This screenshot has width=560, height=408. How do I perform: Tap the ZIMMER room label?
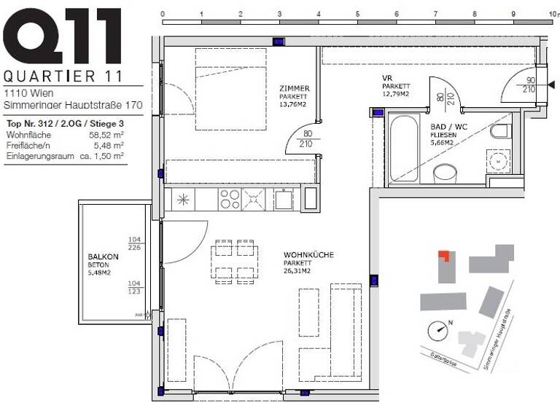tap(294, 88)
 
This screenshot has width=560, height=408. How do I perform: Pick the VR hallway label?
tap(388, 78)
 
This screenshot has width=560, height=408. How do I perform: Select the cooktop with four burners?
tap(230, 198)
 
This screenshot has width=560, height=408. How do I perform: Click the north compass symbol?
tap(439, 329)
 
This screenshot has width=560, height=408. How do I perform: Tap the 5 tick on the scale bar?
tap(357, 14)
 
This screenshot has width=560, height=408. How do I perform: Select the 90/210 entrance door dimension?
tap(531, 85)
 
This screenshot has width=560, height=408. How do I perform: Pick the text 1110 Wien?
tap(25, 93)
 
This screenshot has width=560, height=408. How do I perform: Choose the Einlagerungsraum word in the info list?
tap(39, 155)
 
